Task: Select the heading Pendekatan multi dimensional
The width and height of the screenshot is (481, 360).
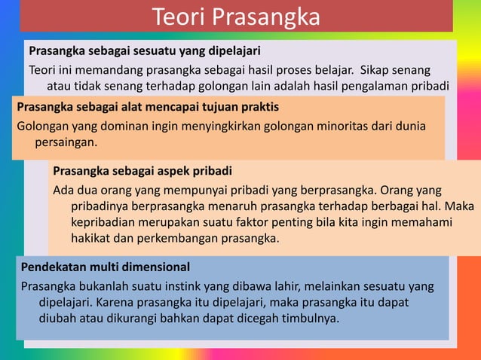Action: [106, 267]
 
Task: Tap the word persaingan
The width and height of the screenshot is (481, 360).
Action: [66, 141]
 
